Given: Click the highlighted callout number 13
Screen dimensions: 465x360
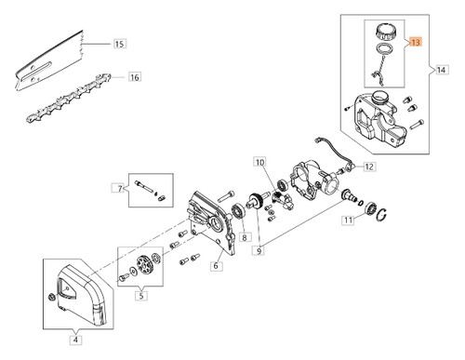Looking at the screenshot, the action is click(x=416, y=42).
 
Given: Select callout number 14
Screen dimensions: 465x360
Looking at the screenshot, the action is click(x=441, y=70).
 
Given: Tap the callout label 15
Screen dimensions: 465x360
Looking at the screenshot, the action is click(x=119, y=44).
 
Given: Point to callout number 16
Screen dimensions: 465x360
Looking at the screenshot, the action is click(x=135, y=77).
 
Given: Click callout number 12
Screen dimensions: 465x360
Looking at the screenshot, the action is click(x=369, y=167).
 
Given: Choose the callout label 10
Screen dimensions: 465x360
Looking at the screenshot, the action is click(x=259, y=162).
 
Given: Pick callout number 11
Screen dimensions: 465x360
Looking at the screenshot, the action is click(x=348, y=220).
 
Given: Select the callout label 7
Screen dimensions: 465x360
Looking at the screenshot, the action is click(x=119, y=188).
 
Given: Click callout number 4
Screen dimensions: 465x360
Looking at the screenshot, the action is click(x=75, y=340).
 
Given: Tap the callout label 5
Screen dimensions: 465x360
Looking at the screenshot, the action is click(x=141, y=295).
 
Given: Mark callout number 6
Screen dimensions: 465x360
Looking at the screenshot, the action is click(x=216, y=266).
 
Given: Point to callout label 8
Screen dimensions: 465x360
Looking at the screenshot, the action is click(x=245, y=237).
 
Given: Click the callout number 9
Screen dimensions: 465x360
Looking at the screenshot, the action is click(x=259, y=250).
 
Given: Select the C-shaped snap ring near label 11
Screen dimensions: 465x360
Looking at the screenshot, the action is click(x=382, y=215).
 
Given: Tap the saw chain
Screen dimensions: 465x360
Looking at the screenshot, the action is click(x=68, y=98).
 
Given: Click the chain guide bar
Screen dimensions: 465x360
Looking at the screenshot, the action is click(x=49, y=60).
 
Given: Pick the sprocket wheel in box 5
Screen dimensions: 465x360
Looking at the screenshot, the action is click(x=144, y=264).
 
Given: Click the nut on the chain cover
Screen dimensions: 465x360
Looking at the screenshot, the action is click(x=50, y=297).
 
